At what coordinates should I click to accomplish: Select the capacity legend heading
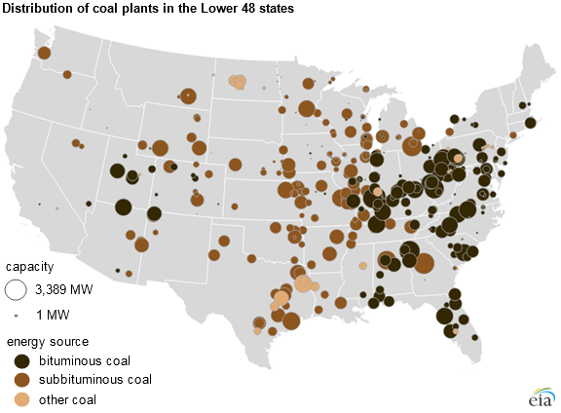pos(31,266)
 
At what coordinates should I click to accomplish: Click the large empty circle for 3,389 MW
pos(17,289)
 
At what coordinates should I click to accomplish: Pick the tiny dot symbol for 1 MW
pos(17,316)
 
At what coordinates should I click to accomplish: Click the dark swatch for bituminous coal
pos(19,360)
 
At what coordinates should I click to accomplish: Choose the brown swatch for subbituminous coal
pos(19,379)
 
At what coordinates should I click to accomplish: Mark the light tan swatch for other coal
pos(19,398)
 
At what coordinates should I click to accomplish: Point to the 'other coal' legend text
pos(68,398)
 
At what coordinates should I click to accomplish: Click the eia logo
pos(539,397)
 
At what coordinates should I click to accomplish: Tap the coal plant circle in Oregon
pos(67,74)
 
